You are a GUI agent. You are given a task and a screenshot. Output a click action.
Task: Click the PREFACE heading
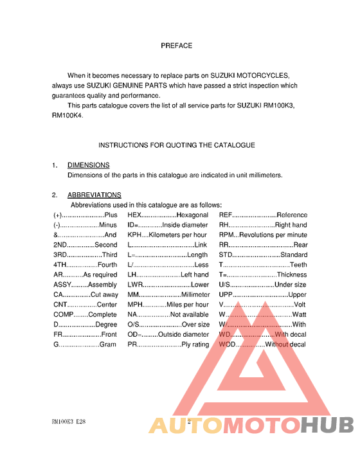click(x=176, y=46)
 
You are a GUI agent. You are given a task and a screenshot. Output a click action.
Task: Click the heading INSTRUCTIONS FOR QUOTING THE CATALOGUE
click(x=176, y=145)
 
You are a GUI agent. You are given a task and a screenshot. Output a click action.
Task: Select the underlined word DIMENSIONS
click(x=88, y=165)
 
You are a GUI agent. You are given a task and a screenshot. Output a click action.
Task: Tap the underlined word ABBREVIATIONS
click(x=94, y=195)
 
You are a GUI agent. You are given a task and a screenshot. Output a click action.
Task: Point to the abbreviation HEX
click(x=134, y=215)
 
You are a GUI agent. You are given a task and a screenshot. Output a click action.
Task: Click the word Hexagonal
click(x=192, y=215)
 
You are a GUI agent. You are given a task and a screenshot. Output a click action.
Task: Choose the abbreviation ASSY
click(x=62, y=285)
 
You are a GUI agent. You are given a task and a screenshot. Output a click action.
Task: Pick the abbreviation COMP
click(x=63, y=315)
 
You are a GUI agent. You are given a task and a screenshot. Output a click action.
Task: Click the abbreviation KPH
click(x=134, y=235)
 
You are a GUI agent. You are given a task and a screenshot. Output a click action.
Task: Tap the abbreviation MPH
click(x=135, y=305)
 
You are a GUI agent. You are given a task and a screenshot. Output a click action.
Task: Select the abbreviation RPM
click(x=226, y=235)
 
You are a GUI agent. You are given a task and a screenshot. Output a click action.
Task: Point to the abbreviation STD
click(x=226, y=255)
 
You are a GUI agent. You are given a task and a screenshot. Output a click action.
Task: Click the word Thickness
click(x=292, y=274)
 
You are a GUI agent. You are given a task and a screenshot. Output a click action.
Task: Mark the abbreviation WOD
click(x=228, y=345)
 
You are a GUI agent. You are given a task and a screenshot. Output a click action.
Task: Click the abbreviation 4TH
click(x=60, y=265)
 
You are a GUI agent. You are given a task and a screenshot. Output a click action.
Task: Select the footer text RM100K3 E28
click(x=69, y=422)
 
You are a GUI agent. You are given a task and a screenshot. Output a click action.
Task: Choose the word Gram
click(x=108, y=345)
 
